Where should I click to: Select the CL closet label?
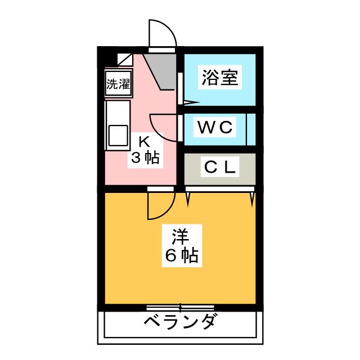pyautogui.click(x=220, y=167)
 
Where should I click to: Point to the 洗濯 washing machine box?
pyautogui.click(x=118, y=84)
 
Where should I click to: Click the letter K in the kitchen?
pyautogui.click(x=144, y=140)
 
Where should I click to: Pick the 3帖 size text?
pyautogui.click(x=146, y=157)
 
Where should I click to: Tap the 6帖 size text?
pyautogui.click(x=181, y=256)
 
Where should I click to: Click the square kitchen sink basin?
pyautogui.click(x=118, y=136)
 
